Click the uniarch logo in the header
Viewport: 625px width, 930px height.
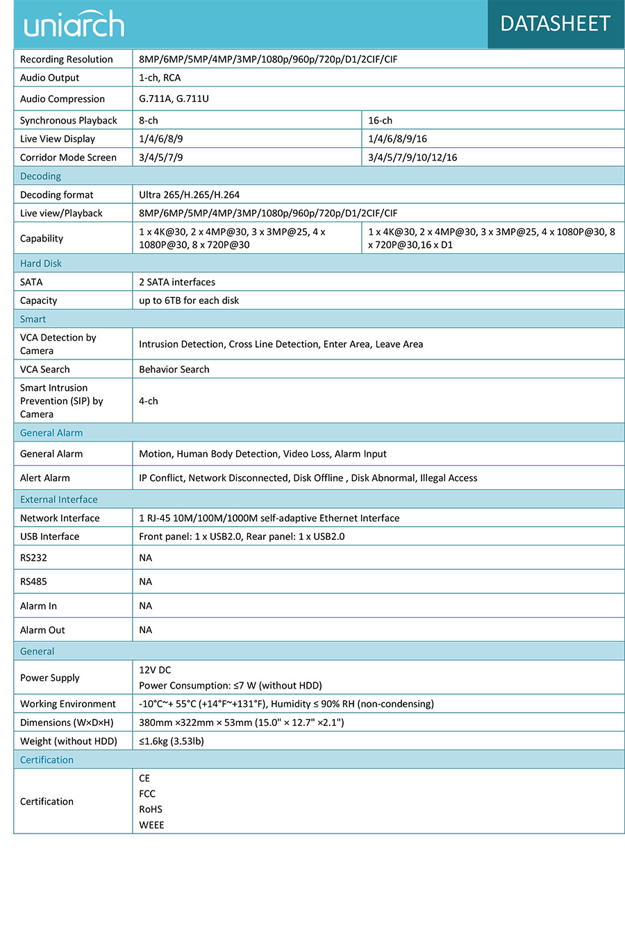[x=74, y=24]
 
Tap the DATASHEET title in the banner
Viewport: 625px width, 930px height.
[x=555, y=24]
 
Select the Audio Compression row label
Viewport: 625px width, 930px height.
[x=62, y=99]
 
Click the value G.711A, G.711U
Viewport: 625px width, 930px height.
[x=174, y=99]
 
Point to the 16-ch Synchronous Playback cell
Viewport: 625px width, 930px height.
[x=380, y=120]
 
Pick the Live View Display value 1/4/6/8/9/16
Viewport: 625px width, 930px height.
[x=397, y=139]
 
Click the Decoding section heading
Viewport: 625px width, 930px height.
[x=40, y=176]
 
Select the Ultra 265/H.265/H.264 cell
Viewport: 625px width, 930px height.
[x=189, y=195]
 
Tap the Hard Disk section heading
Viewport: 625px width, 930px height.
[x=41, y=264]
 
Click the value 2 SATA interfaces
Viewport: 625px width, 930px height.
[x=177, y=282]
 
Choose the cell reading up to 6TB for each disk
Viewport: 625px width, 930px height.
[x=189, y=301]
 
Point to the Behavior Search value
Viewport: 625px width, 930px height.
[x=174, y=369]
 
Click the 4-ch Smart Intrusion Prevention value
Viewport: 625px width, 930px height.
[x=148, y=401]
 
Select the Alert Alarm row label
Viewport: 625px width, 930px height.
[x=45, y=478]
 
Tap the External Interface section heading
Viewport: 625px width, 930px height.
[x=59, y=500]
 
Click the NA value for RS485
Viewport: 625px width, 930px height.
[x=145, y=582]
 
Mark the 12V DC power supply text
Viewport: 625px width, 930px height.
[x=155, y=670]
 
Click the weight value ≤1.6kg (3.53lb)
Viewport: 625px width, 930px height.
[x=172, y=741]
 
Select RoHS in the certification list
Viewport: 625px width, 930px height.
[x=150, y=809]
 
